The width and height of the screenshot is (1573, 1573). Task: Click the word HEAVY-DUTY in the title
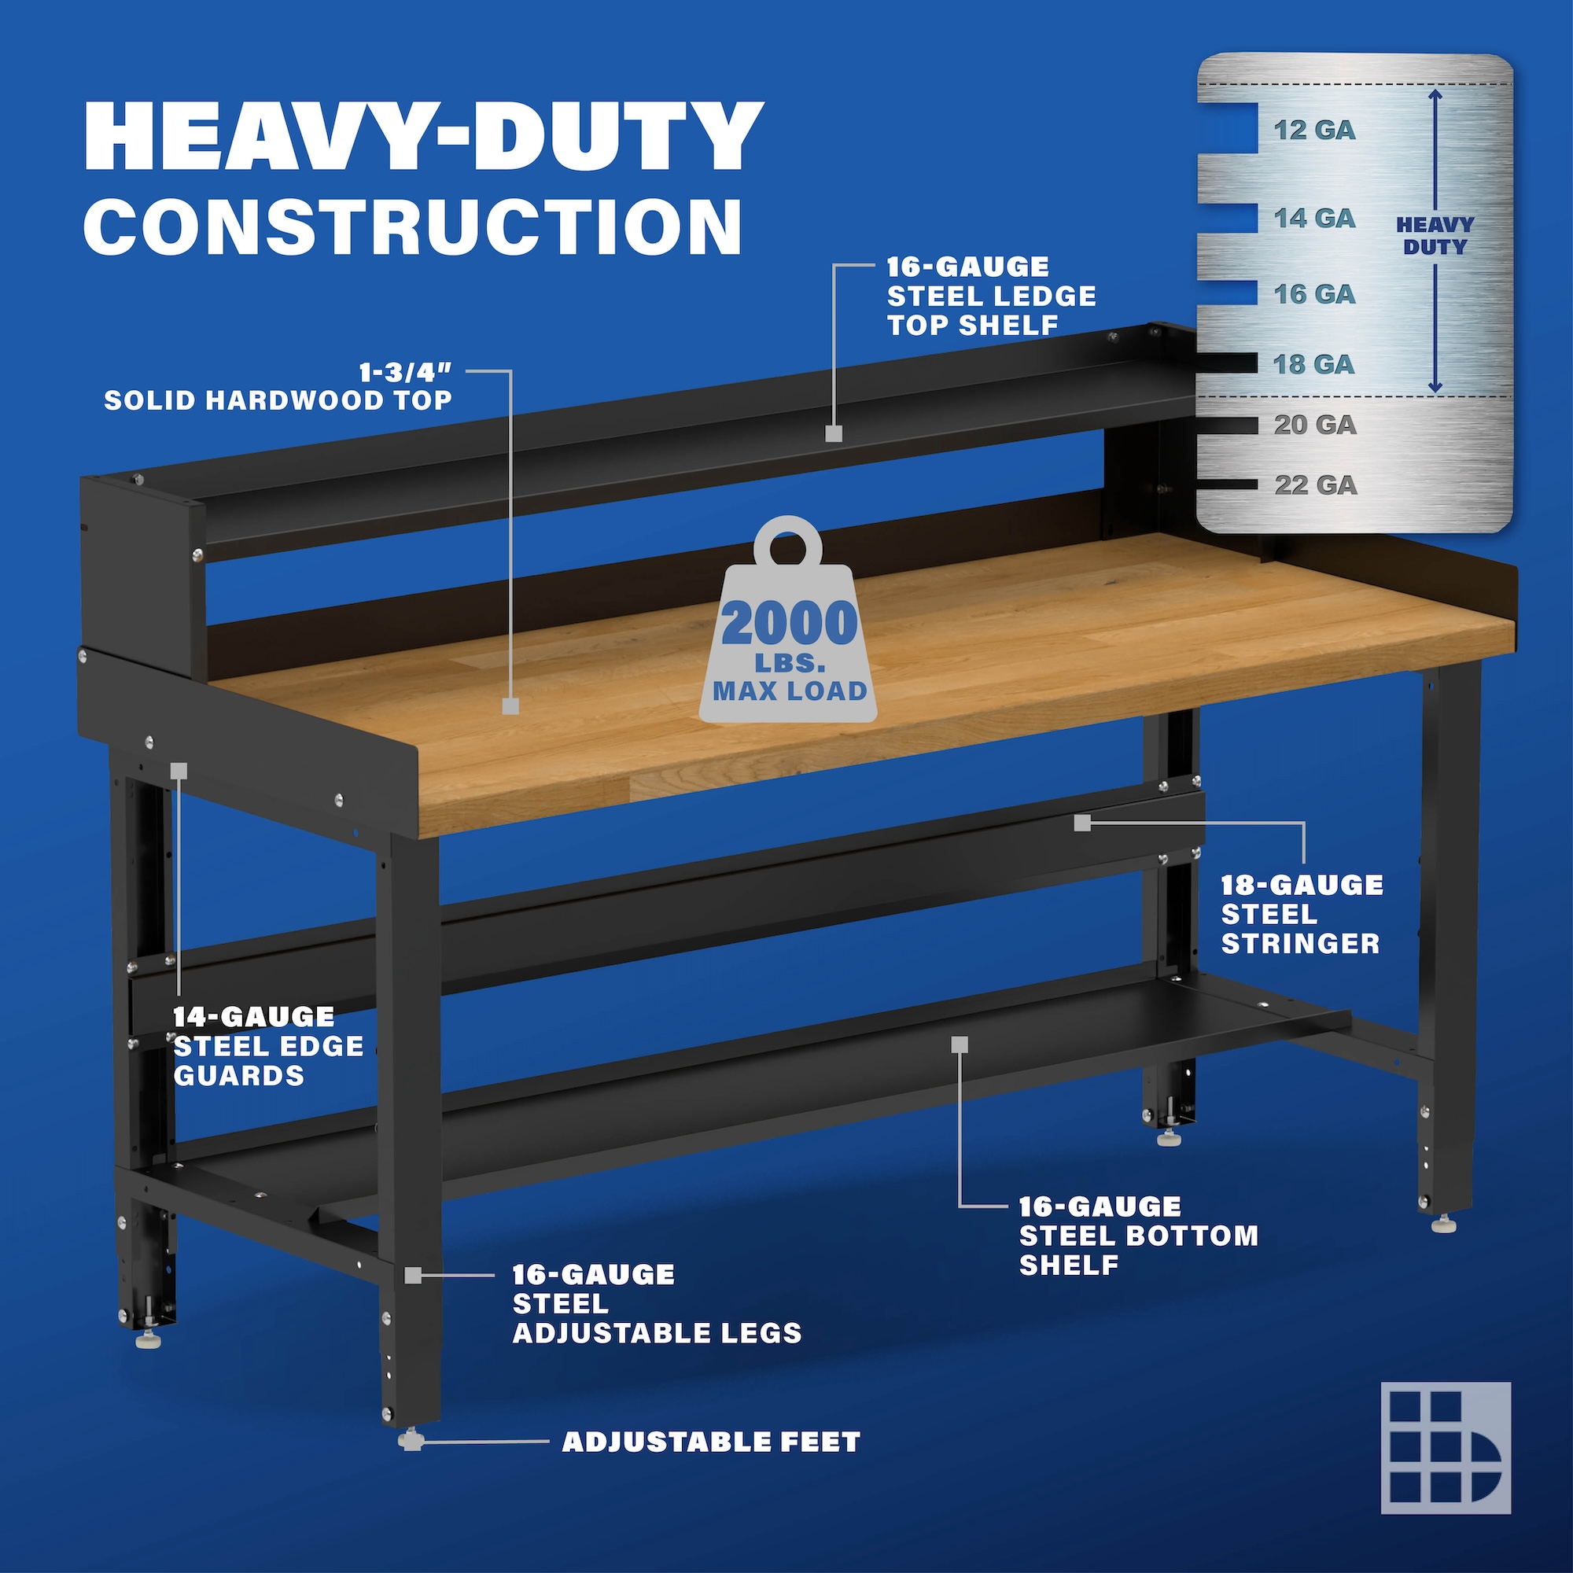[x=423, y=136]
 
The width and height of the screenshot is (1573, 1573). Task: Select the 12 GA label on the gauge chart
[x=1315, y=131]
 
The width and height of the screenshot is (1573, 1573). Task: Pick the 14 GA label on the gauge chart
[x=1315, y=218]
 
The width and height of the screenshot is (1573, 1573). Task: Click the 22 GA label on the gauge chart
[x=1316, y=485]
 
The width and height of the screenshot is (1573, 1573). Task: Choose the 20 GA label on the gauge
[x=1316, y=424]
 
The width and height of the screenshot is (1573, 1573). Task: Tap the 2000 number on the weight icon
[x=790, y=624]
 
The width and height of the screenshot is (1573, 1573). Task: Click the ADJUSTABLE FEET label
[x=711, y=1442]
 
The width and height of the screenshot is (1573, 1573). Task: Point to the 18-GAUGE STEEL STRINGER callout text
[x=1301, y=915]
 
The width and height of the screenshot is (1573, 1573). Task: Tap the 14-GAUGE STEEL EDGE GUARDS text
[x=269, y=1046]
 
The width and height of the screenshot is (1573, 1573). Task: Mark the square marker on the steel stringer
[x=1082, y=823]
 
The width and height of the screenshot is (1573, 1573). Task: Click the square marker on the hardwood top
[x=510, y=706]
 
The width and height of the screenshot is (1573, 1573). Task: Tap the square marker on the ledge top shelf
[x=833, y=433]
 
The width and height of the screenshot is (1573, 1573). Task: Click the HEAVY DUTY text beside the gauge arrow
[x=1435, y=236]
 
